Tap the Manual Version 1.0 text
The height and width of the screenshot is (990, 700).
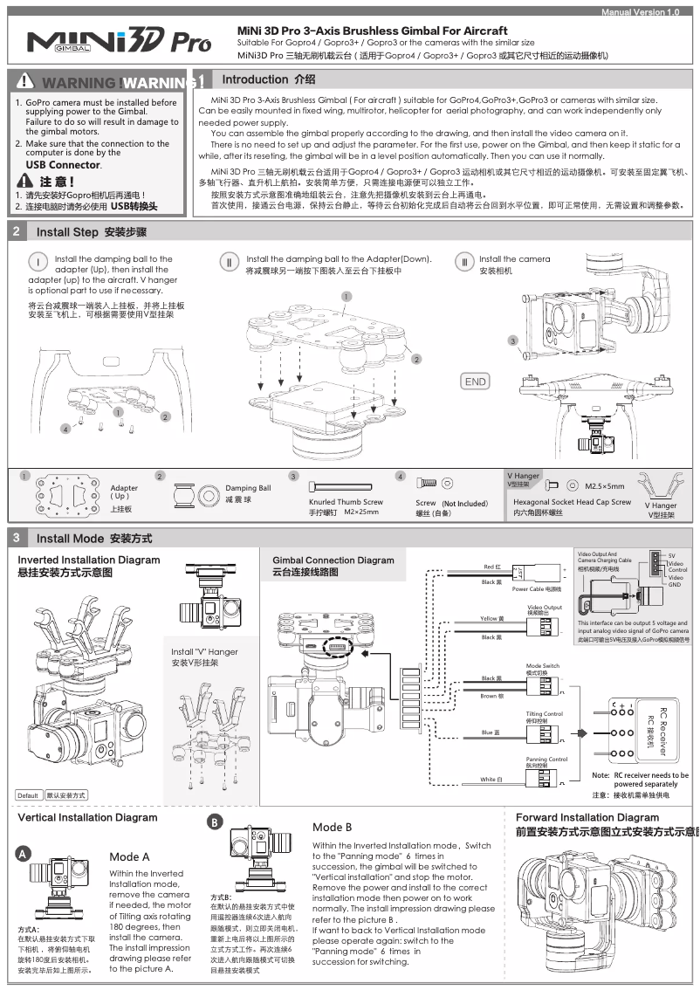[640, 12]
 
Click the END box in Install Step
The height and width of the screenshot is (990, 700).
[476, 382]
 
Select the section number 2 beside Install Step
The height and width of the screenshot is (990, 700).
[17, 232]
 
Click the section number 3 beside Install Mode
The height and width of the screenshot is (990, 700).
[17, 538]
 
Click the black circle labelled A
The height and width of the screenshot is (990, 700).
[26, 854]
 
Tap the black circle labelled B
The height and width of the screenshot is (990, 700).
[215, 822]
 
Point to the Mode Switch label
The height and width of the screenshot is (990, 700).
[543, 668]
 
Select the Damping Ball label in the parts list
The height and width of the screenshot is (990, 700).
[248, 489]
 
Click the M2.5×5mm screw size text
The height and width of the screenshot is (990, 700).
[605, 485]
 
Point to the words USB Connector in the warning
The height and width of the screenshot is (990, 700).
[63, 164]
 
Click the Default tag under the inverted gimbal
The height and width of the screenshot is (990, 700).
[28, 795]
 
